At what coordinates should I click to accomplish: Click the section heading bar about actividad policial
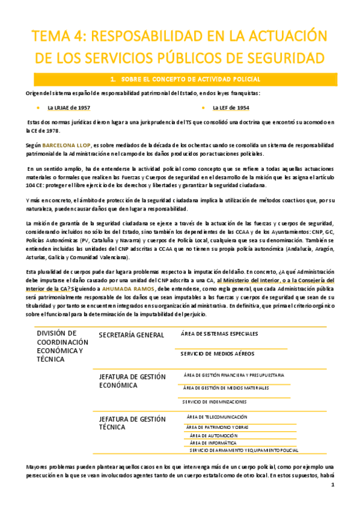pyautogui.click(x=181, y=79)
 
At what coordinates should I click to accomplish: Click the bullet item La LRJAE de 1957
pyautogui.click(x=69, y=108)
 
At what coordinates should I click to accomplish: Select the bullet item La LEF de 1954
pyautogui.click(x=231, y=108)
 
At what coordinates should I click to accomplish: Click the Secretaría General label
pyautogui.click(x=131, y=334)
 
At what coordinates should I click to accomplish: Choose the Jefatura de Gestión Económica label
pyautogui.click(x=132, y=381)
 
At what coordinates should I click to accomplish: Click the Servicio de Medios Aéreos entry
pyautogui.click(x=217, y=354)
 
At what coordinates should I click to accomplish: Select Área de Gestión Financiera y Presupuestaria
pyautogui.click(x=234, y=375)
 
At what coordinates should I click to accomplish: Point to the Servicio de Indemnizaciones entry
pyautogui.click(x=214, y=401)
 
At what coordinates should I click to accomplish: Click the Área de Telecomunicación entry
pyautogui.click(x=217, y=417)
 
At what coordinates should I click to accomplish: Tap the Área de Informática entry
pyautogui.click(x=213, y=443)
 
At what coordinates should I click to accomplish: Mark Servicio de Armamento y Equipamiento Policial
pyautogui.click(x=243, y=450)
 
